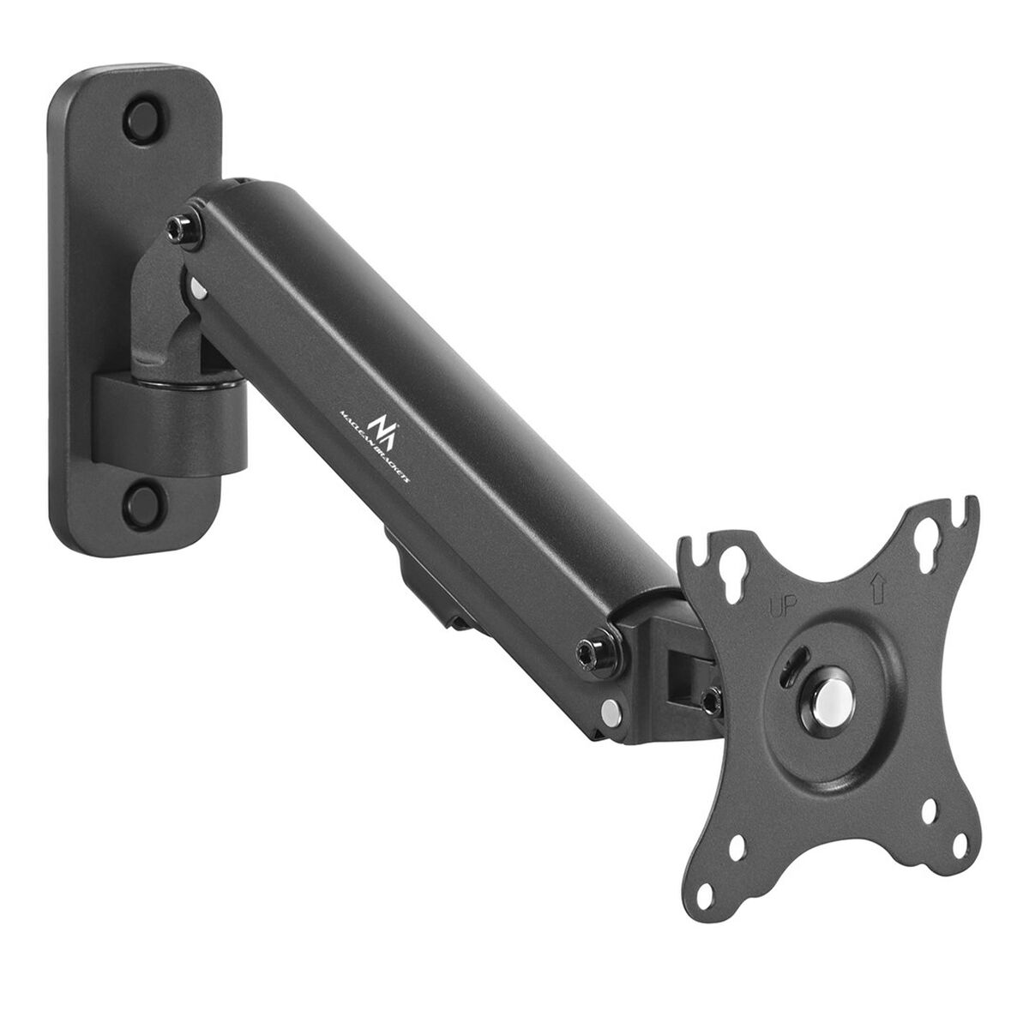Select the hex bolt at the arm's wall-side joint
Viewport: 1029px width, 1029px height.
[182, 226]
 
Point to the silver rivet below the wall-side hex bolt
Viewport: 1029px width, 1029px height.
[198, 291]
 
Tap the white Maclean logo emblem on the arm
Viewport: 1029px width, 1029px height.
[381, 424]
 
